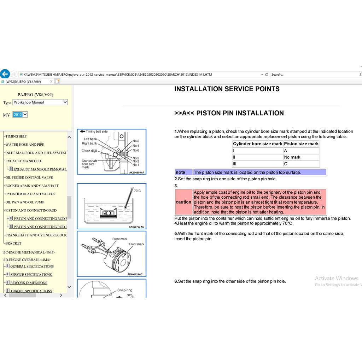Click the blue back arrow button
(x=5, y=74)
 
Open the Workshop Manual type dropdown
(x=40, y=102)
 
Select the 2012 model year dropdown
(x=20, y=115)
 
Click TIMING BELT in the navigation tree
(x=16, y=136)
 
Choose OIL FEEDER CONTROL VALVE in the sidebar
(x=29, y=177)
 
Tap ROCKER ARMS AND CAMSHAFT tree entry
(x=32, y=186)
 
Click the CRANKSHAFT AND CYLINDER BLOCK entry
(x=36, y=235)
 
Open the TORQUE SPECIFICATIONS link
(x=31, y=291)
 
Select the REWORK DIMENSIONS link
(x=29, y=283)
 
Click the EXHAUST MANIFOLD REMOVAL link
(x=40, y=169)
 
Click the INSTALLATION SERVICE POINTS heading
(x=227, y=89)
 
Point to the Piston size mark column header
(x=301, y=144)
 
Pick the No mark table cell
(x=292, y=157)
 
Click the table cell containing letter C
(x=286, y=164)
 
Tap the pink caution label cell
(x=183, y=202)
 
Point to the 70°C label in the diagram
(x=137, y=191)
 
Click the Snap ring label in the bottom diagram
(x=124, y=290)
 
